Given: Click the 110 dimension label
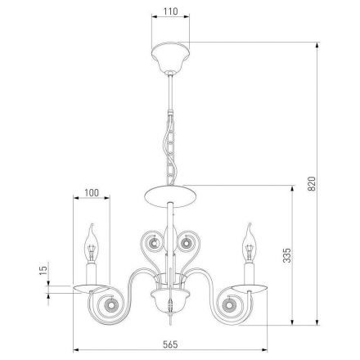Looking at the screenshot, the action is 170,11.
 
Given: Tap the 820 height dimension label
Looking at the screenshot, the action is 312,183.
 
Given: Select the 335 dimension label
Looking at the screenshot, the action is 287,255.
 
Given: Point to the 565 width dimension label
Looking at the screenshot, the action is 170,344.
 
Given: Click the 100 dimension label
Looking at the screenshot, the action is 92,192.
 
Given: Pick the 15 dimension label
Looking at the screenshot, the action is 43,270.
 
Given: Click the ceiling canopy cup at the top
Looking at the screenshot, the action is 170,57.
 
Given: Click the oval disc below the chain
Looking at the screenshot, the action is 170,196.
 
